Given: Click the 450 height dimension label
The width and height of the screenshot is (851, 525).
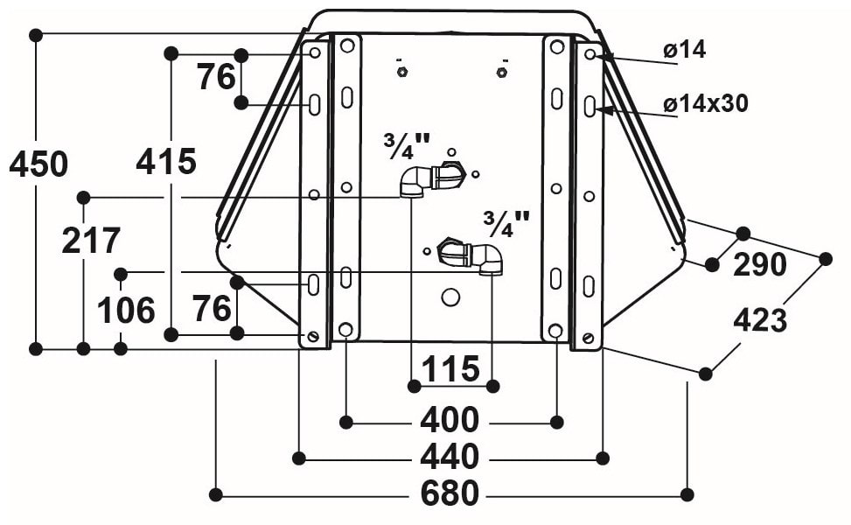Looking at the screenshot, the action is pyautogui.click(x=39, y=164).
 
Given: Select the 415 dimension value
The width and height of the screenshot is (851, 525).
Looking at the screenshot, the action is pyautogui.click(x=166, y=161).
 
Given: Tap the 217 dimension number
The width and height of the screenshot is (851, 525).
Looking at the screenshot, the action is pyautogui.click(x=91, y=241).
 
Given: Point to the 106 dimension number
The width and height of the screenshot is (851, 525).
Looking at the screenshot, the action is pyautogui.click(x=127, y=311).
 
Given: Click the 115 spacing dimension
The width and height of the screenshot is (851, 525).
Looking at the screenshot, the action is pyautogui.click(x=450, y=368).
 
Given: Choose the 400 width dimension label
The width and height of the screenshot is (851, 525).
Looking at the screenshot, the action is pyautogui.click(x=450, y=420).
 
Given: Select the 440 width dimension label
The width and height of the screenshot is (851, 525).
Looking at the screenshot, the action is pyautogui.click(x=450, y=457).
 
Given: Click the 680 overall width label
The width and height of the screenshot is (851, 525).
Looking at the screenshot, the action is pyautogui.click(x=450, y=493).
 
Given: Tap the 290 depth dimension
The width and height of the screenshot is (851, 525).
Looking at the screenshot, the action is pyautogui.click(x=760, y=264).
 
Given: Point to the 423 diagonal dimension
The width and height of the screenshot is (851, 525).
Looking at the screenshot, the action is pyautogui.click(x=760, y=319).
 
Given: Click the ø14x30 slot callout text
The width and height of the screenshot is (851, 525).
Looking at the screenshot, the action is pyautogui.click(x=706, y=103).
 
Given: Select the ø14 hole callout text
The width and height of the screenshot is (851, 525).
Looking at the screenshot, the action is pyautogui.click(x=684, y=50).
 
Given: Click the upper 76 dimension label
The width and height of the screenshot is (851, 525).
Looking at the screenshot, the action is pyautogui.click(x=216, y=76).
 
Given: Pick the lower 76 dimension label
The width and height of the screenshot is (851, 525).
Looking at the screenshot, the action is pyautogui.click(x=213, y=308).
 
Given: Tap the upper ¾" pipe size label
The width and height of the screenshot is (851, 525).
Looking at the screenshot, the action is pyautogui.click(x=406, y=145).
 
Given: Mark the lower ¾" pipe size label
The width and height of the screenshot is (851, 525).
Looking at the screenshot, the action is pyautogui.click(x=506, y=224).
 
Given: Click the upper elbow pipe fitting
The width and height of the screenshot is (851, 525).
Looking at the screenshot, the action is pyautogui.click(x=433, y=178).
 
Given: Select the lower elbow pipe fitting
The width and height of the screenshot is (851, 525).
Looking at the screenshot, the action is pyautogui.click(x=470, y=255).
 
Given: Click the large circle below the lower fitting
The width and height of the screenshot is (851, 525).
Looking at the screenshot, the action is pyautogui.click(x=450, y=297).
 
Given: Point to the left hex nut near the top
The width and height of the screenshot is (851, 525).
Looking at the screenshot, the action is pyautogui.click(x=401, y=72).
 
